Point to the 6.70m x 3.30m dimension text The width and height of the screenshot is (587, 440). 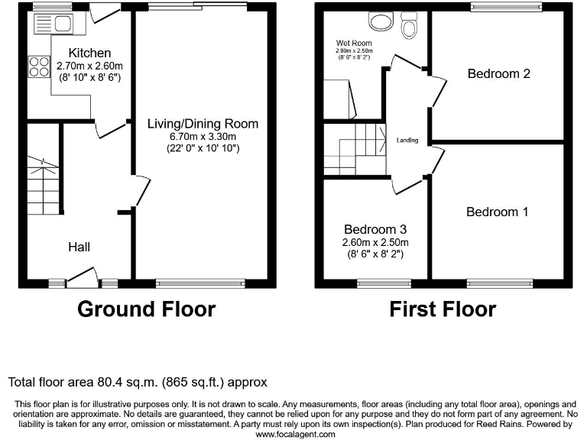coord(203,136)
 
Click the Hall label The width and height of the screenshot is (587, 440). coord(79,247)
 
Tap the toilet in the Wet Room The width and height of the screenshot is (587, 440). coord(410,27)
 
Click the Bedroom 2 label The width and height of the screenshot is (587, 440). coord(498,74)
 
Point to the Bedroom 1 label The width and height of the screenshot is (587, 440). coord(497,212)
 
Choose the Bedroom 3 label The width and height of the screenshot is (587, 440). coord(375,229)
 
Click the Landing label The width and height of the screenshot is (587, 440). coord(407,141)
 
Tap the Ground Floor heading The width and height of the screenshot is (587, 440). coord(146,309)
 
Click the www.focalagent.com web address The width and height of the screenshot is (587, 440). coord(294,434)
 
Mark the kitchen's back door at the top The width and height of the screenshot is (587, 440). coord(105,12)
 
